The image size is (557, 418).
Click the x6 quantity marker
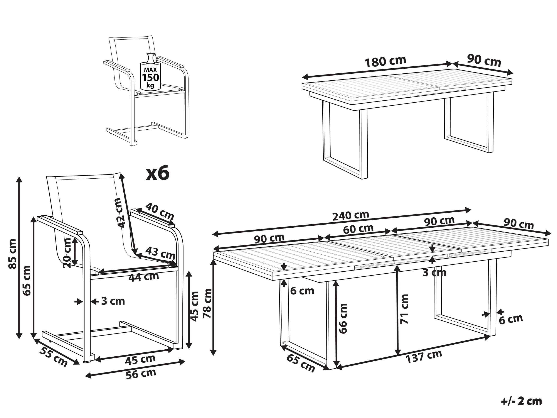tap(158, 174)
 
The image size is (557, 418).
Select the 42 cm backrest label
tap(120, 213)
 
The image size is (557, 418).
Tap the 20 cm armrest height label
tap(68, 254)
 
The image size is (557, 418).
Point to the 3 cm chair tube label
tap(113, 301)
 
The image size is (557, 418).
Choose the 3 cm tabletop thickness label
tap(434, 272)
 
